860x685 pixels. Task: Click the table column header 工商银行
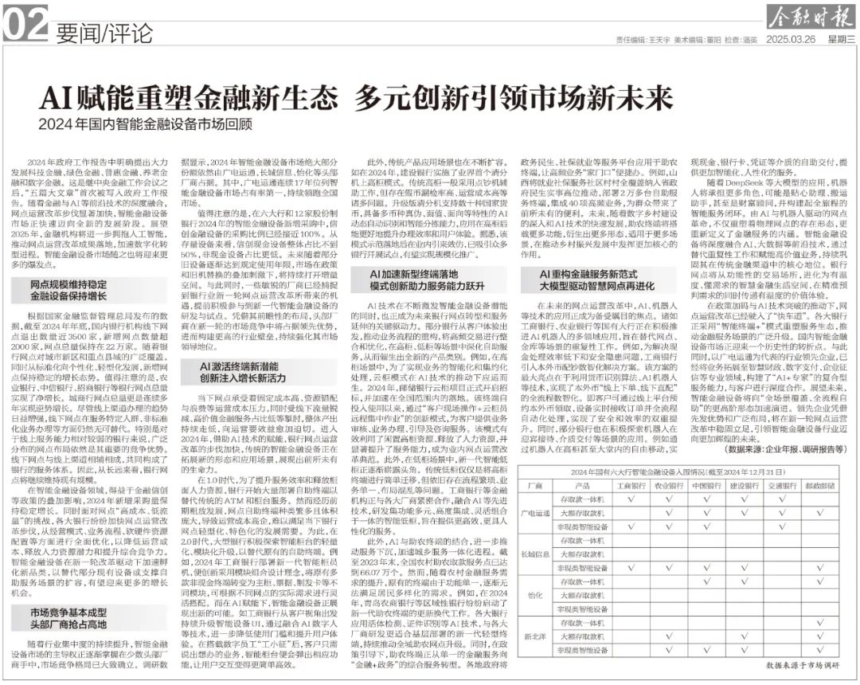[631, 485]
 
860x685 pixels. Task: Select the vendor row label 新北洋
[536, 636]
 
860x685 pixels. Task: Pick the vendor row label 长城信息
[536, 554]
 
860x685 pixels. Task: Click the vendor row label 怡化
[536, 595]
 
